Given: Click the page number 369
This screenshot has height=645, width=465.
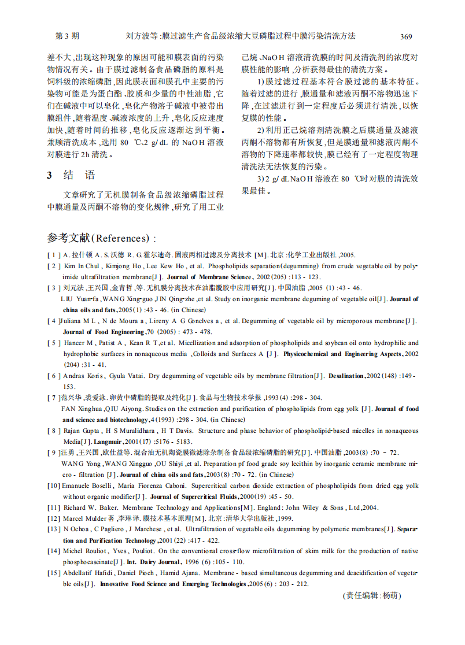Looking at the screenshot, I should coord(406,36).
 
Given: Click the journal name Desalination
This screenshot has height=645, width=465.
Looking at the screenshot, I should coord(346,376).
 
